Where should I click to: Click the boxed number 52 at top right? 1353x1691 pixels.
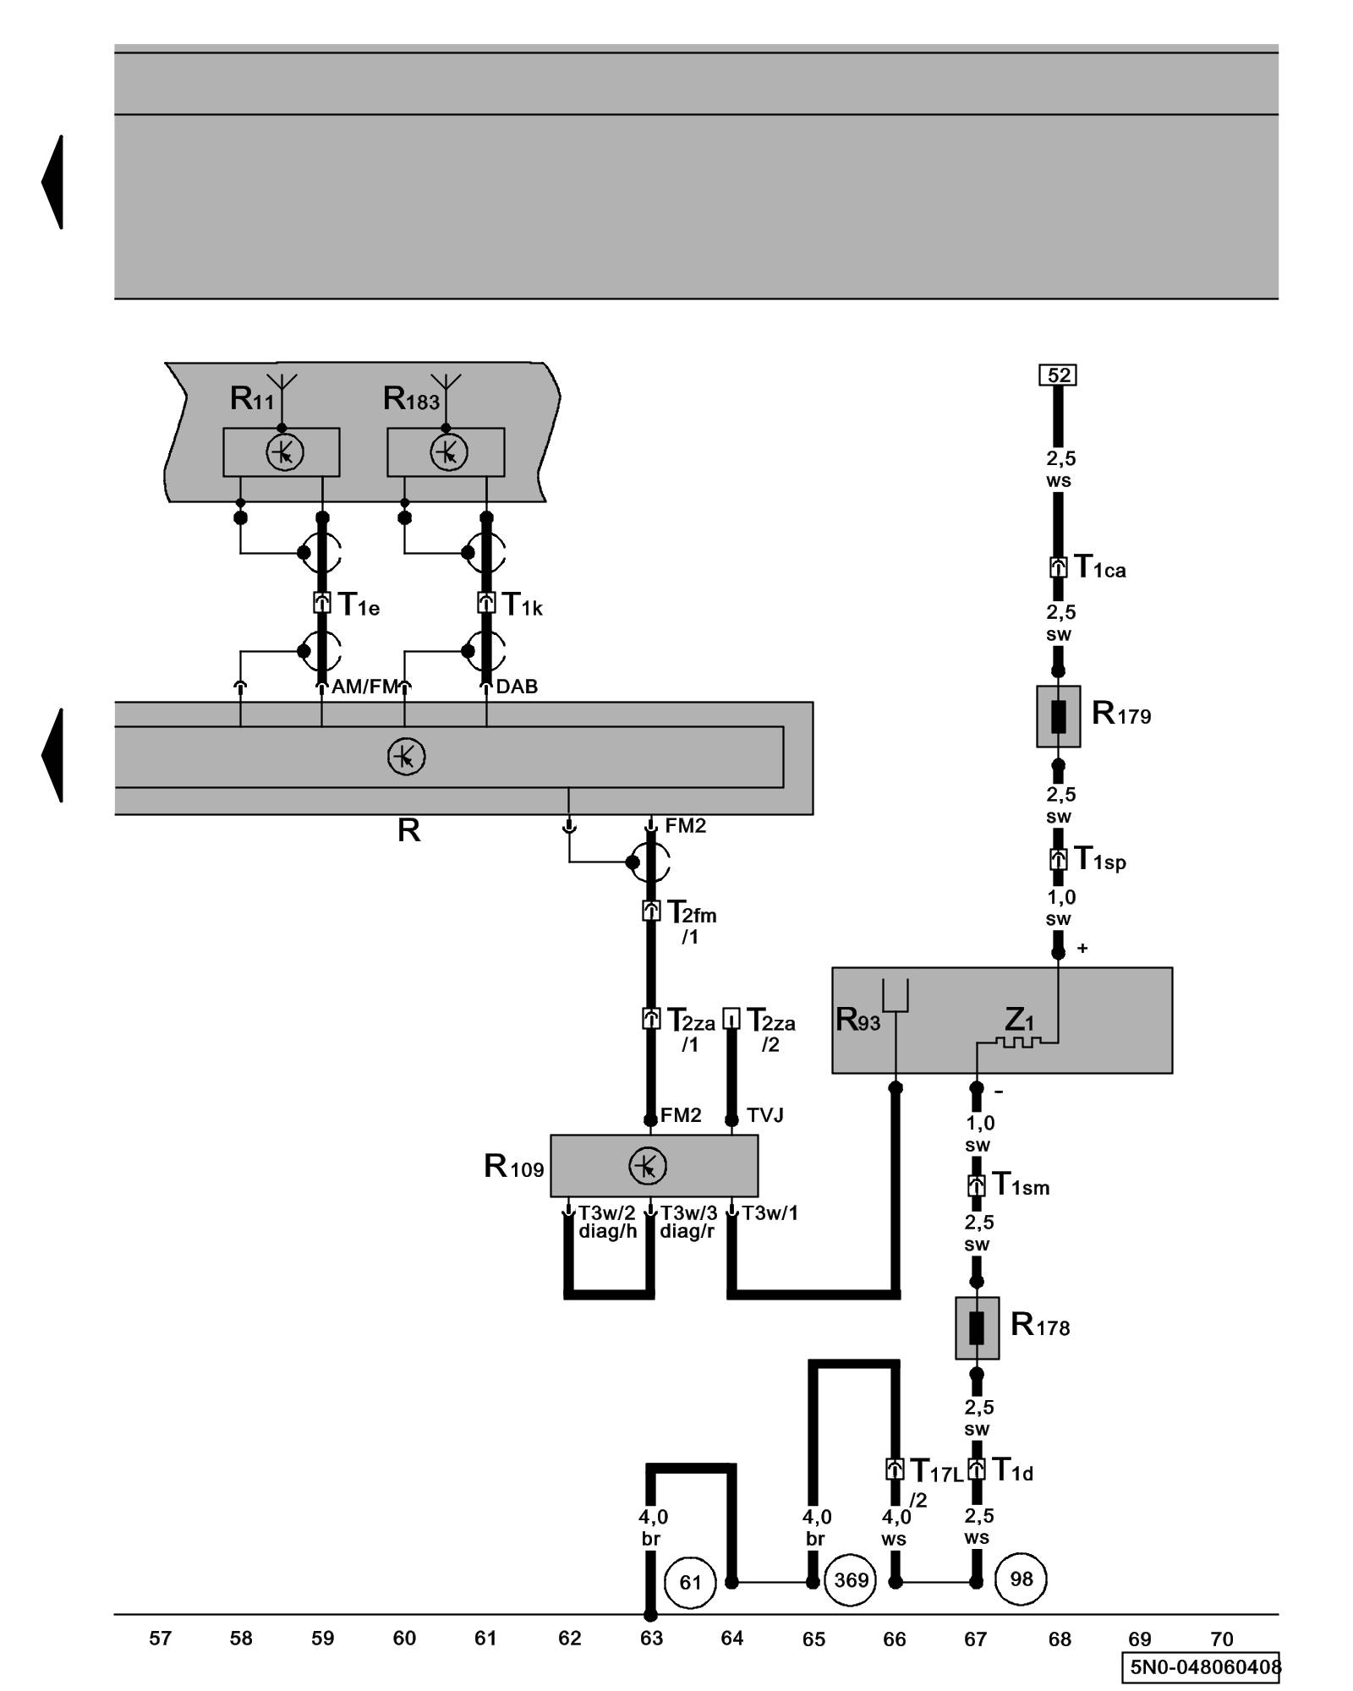[1057, 375]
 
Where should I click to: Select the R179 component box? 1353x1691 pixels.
[1058, 716]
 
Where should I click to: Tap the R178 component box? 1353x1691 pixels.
[977, 1328]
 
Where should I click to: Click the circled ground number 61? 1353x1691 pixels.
[690, 1582]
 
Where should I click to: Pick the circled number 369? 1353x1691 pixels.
[851, 1580]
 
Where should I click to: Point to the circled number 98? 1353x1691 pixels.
[1021, 1579]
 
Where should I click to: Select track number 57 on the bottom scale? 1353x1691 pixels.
[160, 1639]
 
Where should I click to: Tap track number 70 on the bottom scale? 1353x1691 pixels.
[1221, 1639]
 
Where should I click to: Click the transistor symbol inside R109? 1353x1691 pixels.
[647, 1167]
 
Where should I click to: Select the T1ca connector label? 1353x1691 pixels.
[1099, 567]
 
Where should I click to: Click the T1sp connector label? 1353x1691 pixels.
[1099, 859]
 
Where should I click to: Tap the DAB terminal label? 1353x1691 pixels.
[517, 687]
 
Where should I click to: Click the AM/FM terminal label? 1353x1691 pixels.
[364, 687]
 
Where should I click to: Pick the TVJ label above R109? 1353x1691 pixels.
[764, 1115]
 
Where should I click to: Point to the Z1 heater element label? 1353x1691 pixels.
[1019, 1020]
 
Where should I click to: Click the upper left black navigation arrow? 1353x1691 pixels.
[52, 182]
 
